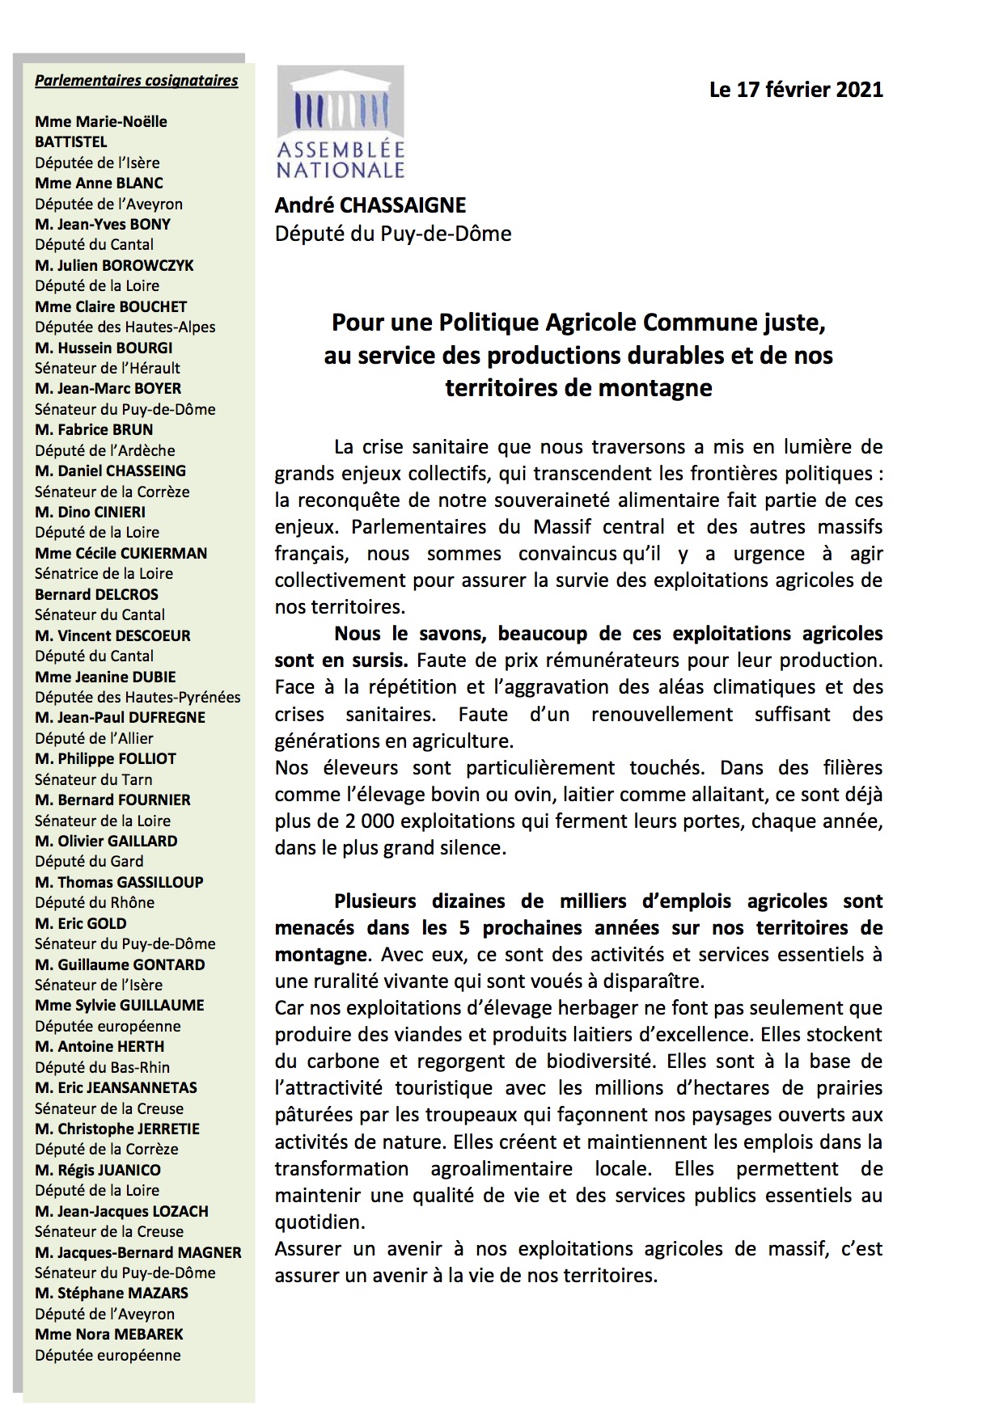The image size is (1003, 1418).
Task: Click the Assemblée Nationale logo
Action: (x=341, y=122)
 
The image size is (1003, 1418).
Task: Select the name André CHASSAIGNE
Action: (x=370, y=206)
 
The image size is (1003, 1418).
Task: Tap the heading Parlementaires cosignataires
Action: (x=136, y=81)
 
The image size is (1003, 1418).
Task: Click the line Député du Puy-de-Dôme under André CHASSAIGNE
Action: (x=393, y=234)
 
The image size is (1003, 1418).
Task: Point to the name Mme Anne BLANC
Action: (x=99, y=184)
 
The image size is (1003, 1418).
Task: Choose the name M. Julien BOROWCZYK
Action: (x=114, y=265)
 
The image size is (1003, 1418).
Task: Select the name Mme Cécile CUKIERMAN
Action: (x=121, y=553)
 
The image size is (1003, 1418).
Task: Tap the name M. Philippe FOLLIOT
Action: (x=105, y=758)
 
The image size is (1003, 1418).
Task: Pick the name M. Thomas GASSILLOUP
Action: (x=119, y=882)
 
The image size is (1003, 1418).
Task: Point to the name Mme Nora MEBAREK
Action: (x=109, y=1334)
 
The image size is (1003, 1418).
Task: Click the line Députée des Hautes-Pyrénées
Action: (x=138, y=697)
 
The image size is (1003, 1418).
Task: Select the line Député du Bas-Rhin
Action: (x=102, y=1067)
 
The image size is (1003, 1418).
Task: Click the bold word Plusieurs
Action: (x=375, y=901)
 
